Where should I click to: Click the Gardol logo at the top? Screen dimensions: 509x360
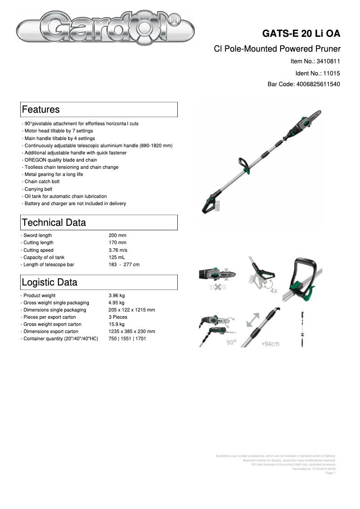coord(105,30)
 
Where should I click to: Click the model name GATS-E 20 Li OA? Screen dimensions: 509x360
coord(301,34)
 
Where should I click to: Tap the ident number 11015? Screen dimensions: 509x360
coord(332,73)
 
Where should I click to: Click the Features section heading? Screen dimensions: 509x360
coord(41,110)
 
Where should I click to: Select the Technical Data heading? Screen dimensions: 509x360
coord(54,223)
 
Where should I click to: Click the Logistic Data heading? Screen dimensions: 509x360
coord(49,282)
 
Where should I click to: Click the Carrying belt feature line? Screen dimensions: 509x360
coord(38,189)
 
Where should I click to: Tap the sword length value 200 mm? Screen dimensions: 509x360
coord(118,235)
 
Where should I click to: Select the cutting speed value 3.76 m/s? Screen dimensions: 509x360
coord(119,250)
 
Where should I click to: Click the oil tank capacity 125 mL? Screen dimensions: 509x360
coord(117,257)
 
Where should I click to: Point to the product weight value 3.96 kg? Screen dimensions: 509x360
coord(117,295)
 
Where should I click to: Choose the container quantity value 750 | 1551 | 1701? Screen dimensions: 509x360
coord(127,338)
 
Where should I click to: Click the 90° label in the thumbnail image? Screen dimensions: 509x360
coord(231,342)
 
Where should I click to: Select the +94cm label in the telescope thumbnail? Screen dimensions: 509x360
coord(270,344)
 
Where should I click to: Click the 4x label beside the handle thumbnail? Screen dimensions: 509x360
coord(273,290)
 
